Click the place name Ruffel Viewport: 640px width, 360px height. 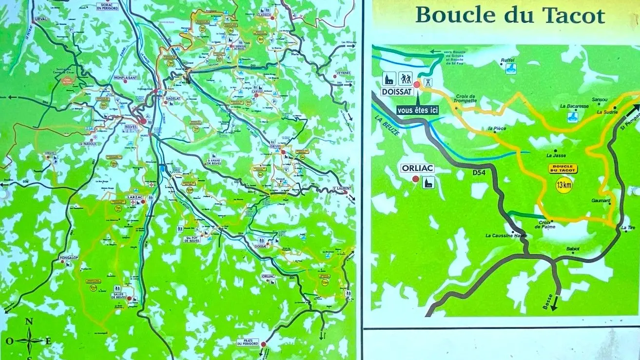coord(507,60)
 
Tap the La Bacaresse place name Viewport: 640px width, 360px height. coord(573,106)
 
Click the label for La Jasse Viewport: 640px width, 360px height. coord(556,156)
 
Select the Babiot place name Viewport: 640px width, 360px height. coord(573,249)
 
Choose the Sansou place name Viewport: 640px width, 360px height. coord(599,99)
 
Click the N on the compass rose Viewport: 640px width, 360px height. coord(29,321)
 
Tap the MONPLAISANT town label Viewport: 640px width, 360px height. coord(126,77)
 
